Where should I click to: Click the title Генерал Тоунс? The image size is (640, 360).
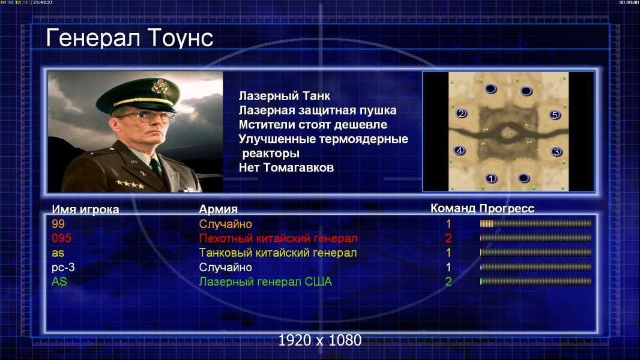pos(130,38)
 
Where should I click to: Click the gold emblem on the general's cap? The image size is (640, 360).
pos(158,86)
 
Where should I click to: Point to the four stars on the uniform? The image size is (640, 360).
pos(130,184)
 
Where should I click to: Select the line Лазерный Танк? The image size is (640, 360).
pos(285,96)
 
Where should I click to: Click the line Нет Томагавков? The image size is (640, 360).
pos(286,167)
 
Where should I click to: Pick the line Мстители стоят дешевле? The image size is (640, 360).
pos(313,125)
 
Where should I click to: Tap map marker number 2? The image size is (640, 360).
pos(461,113)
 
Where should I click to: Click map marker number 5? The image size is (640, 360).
pos(555,115)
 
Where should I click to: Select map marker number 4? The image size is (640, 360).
pos(460,151)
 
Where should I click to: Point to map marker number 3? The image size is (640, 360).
pos(556,152)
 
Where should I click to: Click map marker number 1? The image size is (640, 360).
pos(491,178)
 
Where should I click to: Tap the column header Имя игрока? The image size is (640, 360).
pos(85,209)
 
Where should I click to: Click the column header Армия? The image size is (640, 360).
pos(219,209)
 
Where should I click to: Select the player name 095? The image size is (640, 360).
pos(62,238)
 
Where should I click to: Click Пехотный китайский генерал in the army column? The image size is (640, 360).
pos(279,238)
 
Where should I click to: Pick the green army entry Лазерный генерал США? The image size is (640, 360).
pos(265,282)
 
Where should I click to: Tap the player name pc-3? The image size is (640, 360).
pos(63,268)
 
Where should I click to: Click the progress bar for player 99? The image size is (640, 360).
pos(536,223)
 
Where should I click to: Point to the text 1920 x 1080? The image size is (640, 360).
pos(320,340)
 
